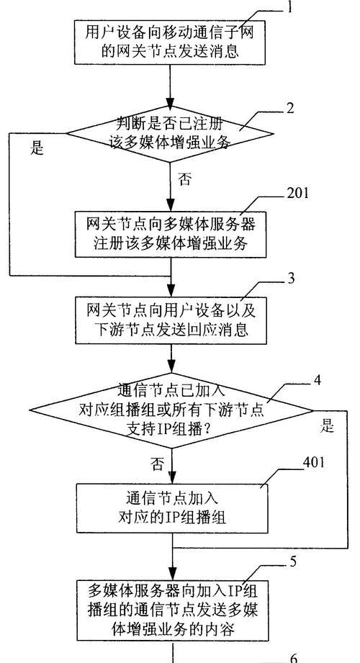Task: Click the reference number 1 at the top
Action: pos(289,8)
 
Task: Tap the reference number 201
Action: pos(298,193)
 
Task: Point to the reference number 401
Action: pos(314,462)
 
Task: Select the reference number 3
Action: pos(291,279)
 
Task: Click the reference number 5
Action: pos(293,562)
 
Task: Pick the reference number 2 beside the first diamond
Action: pos(289,108)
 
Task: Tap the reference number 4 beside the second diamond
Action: pos(316,381)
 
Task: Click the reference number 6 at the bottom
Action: pos(294,658)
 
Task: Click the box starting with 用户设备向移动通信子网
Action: pos(170,42)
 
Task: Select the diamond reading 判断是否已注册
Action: pos(170,134)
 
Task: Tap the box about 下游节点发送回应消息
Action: pos(171,320)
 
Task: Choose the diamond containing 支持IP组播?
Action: pos(171,410)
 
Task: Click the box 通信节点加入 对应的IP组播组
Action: pos(172,509)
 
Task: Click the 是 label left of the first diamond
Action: pos(37,148)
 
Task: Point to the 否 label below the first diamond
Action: pos(184,179)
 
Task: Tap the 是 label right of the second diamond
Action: pos(327,426)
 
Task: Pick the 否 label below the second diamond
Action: pos(156,464)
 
